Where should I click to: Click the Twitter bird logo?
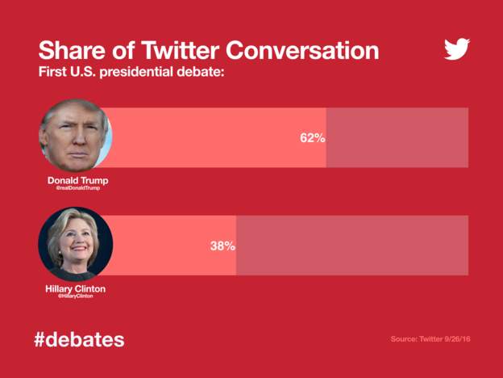[x=456, y=49]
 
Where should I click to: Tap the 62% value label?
[x=312, y=138]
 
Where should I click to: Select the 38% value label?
[x=222, y=246]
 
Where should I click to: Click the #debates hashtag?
[x=79, y=338]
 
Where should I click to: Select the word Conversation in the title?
[x=302, y=50]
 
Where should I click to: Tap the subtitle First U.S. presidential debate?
[x=131, y=72]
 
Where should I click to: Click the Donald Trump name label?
[x=77, y=180]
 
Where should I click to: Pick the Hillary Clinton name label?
[x=75, y=288]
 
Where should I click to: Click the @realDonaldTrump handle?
[x=77, y=187]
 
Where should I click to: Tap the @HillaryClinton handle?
[x=75, y=296]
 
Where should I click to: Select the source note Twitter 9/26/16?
[x=430, y=338]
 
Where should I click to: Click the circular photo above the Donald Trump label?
[x=76, y=135]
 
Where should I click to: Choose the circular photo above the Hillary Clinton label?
[x=76, y=243]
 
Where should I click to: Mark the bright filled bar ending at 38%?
[x=161, y=246]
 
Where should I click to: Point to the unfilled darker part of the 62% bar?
[x=397, y=138]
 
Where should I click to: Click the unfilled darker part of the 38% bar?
[x=351, y=246]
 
